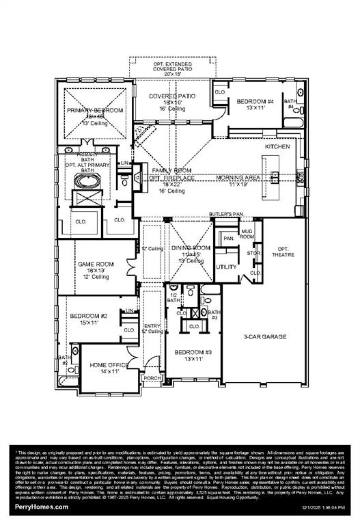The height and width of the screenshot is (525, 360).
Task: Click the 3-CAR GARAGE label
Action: click(x=265, y=336)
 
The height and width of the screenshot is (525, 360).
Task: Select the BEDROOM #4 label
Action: click(x=255, y=102)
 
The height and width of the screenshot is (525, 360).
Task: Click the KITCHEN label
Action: click(x=277, y=147)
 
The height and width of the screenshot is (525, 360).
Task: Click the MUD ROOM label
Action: click(x=246, y=234)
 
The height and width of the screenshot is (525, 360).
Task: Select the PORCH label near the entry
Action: click(x=150, y=377)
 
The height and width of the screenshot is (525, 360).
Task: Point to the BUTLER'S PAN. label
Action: click(x=227, y=214)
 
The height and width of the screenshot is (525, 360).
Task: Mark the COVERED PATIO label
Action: click(x=172, y=96)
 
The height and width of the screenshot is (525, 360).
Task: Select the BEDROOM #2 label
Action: click(x=88, y=316)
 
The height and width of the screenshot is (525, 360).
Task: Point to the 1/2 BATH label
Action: click(x=174, y=297)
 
